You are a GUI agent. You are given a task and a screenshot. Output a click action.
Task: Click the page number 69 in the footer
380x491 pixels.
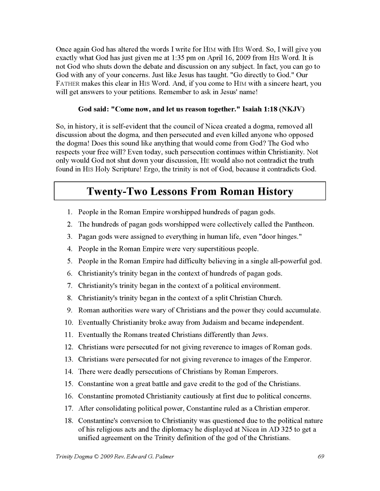(320, 456)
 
